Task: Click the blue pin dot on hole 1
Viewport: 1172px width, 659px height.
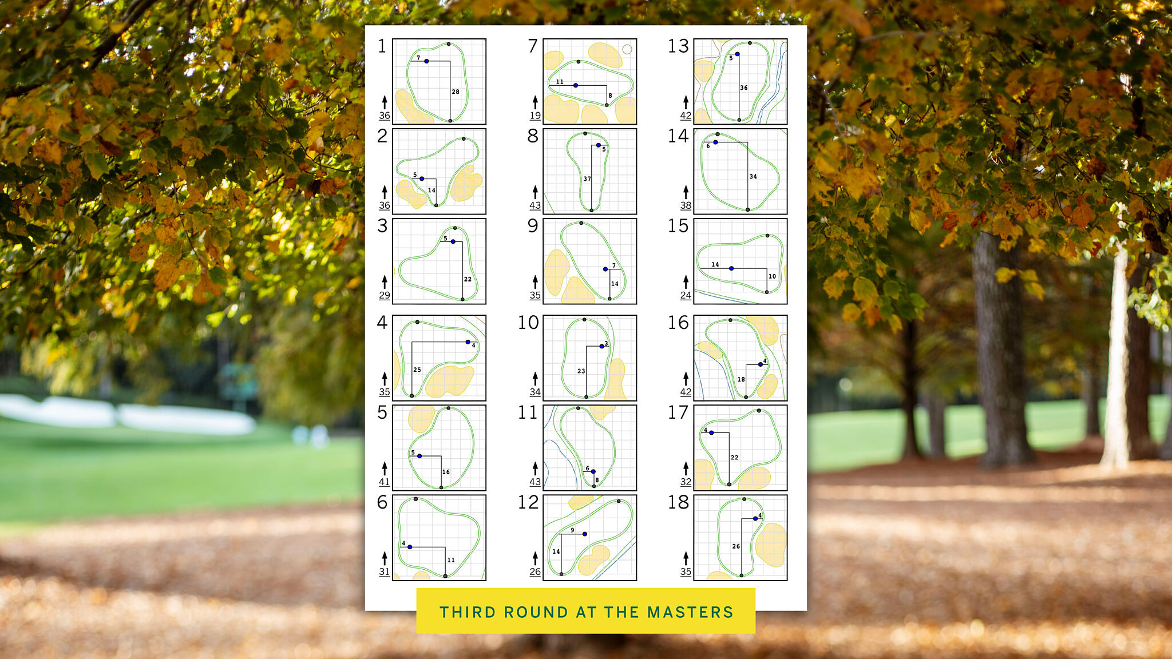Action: pos(426,61)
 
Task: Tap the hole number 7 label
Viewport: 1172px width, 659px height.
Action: pos(533,46)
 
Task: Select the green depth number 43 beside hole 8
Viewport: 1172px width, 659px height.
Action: pos(535,205)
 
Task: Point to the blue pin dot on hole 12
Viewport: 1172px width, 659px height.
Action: pos(584,534)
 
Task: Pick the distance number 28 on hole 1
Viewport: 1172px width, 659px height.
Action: pos(456,92)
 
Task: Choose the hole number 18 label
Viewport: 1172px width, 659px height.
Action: pos(678,502)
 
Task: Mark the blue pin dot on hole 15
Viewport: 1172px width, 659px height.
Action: pos(731,268)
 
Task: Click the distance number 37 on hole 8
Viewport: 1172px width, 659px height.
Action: pos(587,178)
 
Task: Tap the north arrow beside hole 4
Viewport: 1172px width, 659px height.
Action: pos(385,378)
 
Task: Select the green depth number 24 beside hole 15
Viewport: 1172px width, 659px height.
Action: pos(686,295)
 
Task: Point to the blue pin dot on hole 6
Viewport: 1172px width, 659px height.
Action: pos(410,547)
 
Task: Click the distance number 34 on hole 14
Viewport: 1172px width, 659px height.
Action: pos(753,177)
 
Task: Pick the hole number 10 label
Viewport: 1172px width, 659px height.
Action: pos(528,323)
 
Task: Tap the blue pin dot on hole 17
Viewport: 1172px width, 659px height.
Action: pos(711,433)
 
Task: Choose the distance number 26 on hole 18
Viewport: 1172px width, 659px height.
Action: pos(736,546)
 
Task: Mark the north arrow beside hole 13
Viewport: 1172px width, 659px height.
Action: pos(686,102)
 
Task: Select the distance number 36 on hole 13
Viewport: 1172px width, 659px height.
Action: pos(744,88)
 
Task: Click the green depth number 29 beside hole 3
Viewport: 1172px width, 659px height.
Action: pos(385,295)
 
